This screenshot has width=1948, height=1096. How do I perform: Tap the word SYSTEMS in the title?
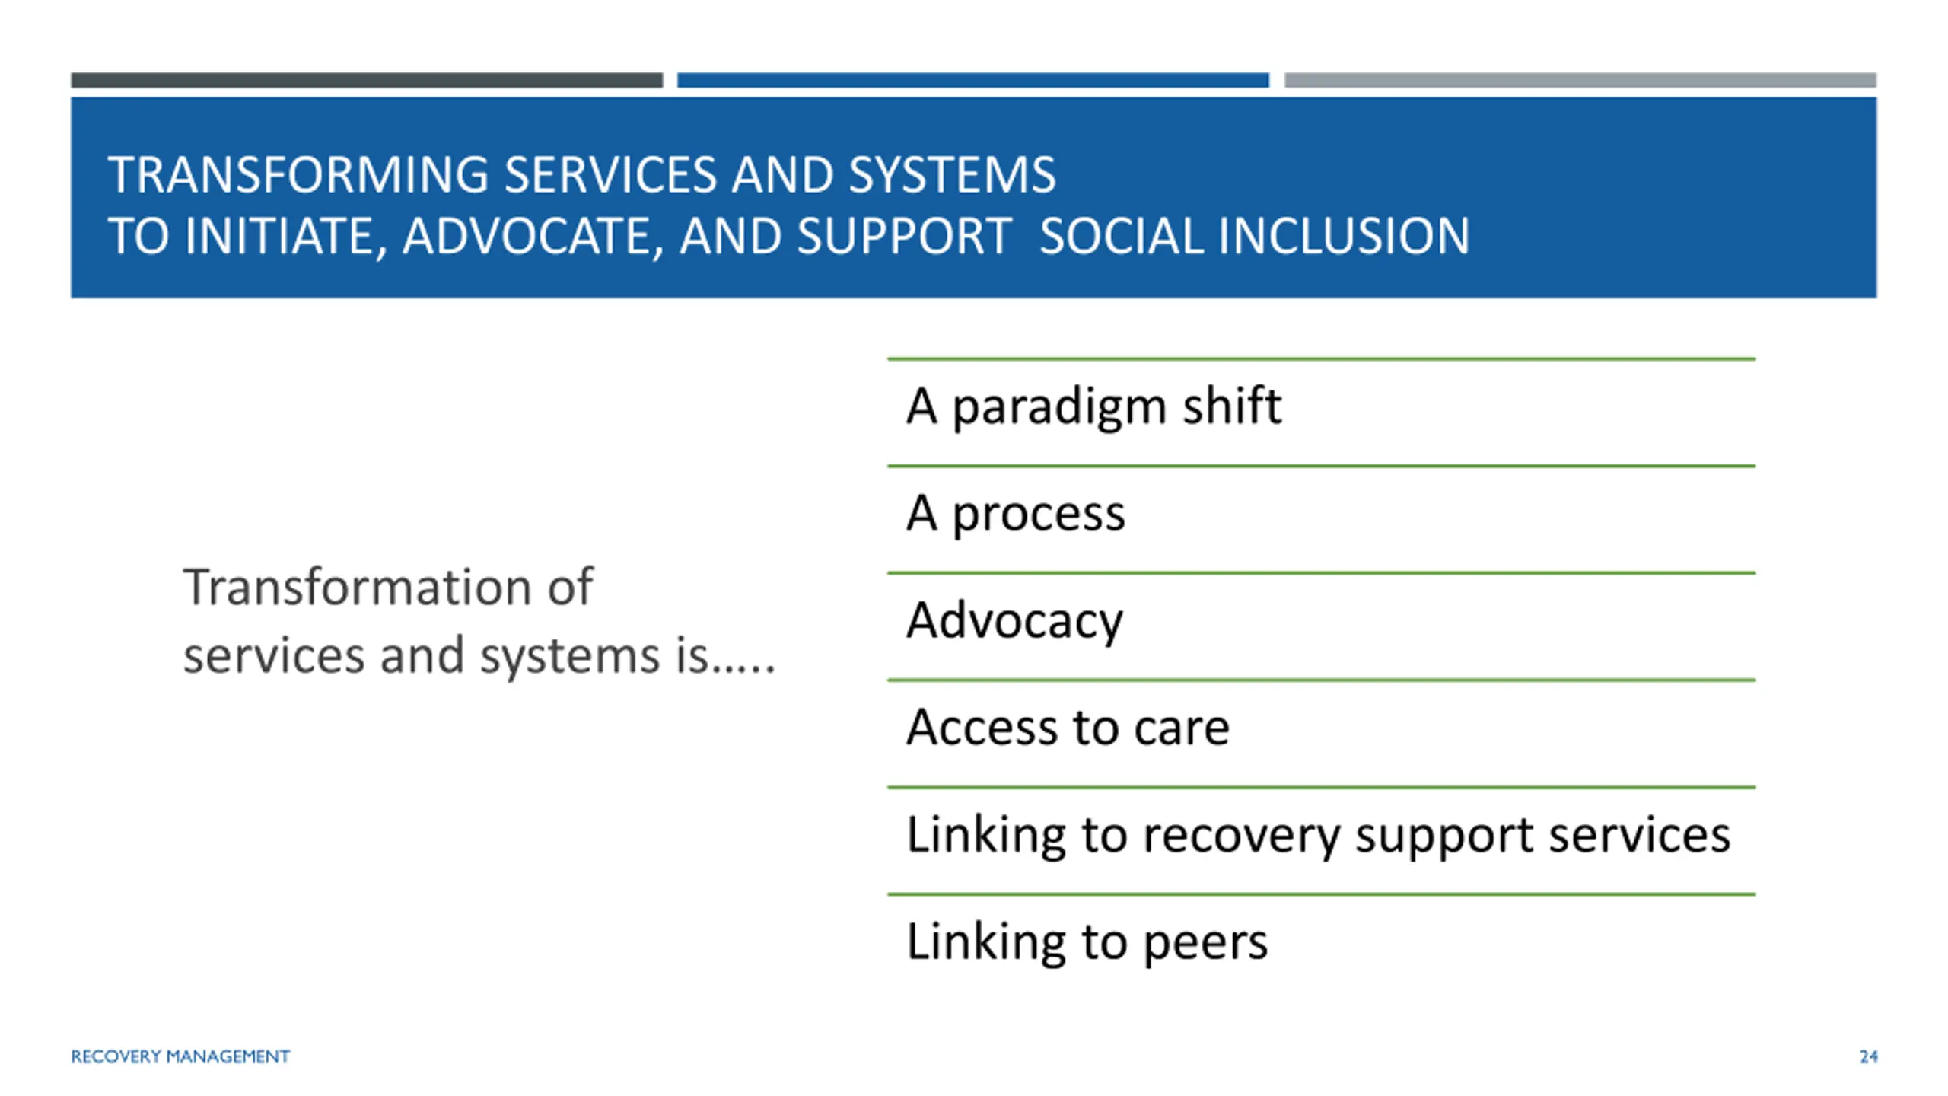tap(952, 175)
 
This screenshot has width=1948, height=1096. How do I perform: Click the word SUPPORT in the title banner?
tap(904, 236)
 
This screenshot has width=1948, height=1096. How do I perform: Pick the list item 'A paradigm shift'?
tap(1093, 406)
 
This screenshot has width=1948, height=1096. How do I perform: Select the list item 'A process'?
tap(1015, 515)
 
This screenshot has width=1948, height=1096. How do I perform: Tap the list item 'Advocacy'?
tap(1014, 621)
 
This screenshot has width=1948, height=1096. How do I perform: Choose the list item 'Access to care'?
tap(1068, 728)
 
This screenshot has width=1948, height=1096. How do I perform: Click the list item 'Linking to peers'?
tap(1087, 943)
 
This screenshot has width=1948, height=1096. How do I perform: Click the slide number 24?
tap(1868, 1056)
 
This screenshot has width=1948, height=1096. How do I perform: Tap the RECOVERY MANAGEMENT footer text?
tap(180, 1056)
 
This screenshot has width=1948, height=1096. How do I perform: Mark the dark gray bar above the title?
tap(367, 80)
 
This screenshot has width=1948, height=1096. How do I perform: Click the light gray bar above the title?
tap(1580, 80)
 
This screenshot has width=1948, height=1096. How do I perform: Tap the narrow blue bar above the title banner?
tap(973, 80)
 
